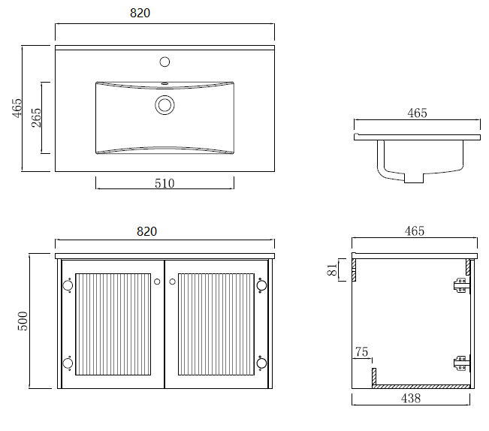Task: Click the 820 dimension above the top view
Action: tap(165, 14)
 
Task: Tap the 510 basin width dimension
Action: tap(165, 183)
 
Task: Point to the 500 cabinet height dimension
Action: tap(23, 321)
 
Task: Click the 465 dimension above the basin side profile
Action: tap(417, 113)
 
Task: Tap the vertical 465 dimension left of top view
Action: tap(17, 109)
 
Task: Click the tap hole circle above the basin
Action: tap(165, 62)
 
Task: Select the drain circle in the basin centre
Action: tap(165, 104)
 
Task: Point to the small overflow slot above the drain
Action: tap(165, 83)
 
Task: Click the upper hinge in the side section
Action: tap(460, 285)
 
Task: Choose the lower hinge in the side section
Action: tap(460, 364)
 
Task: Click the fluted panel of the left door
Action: tap(112, 324)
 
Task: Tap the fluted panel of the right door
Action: tap(215, 324)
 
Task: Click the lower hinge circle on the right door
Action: tap(261, 363)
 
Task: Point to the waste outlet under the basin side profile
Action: tap(415, 178)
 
